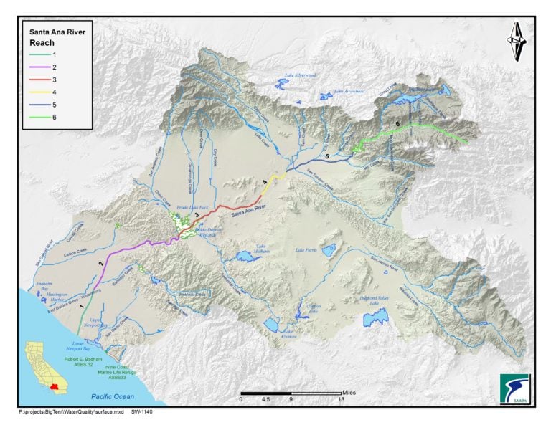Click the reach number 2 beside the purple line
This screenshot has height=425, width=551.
point(100,263)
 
